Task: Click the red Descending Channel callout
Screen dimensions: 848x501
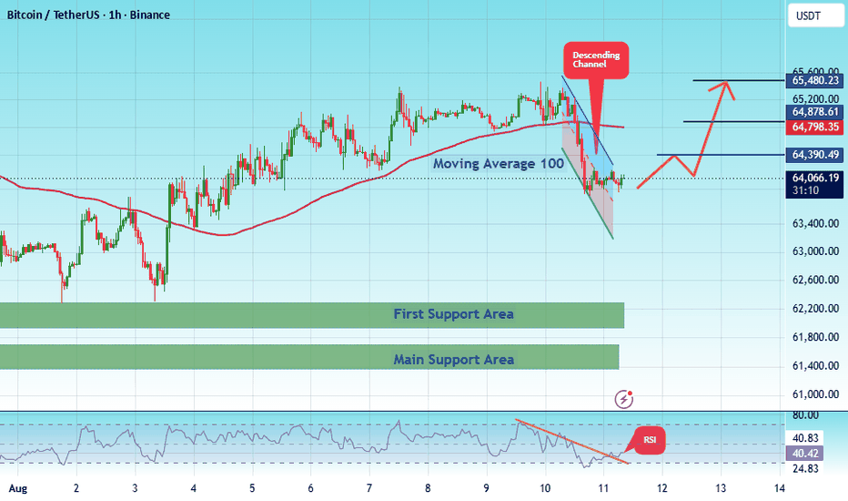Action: coord(596,60)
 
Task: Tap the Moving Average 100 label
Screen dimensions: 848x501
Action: coord(498,164)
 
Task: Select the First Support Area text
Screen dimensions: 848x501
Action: coord(453,314)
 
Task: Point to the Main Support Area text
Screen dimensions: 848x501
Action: coord(453,360)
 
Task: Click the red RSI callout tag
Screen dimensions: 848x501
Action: coord(650,440)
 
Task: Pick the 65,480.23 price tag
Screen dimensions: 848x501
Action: coord(815,81)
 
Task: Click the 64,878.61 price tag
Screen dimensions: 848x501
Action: coord(815,112)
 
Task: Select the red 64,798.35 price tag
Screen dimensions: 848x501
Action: coord(815,128)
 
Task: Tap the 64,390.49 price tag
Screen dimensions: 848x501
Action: coord(815,155)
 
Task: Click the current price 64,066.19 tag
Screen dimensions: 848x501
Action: coord(815,184)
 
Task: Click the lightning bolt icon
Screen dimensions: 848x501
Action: coord(623,399)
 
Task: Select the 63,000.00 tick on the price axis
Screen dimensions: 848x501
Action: coord(816,251)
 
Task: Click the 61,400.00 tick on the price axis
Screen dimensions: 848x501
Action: coord(816,366)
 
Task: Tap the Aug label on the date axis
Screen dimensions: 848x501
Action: coord(18,488)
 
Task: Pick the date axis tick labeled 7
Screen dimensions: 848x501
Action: coord(369,488)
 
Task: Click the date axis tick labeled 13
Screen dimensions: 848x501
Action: coord(721,488)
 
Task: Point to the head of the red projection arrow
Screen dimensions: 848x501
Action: coord(726,82)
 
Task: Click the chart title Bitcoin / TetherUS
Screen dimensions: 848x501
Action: coord(53,15)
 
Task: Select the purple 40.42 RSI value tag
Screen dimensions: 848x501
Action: coord(806,454)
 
